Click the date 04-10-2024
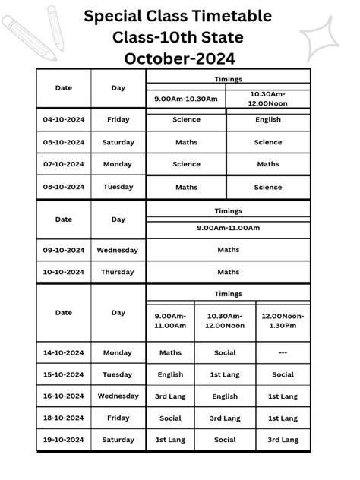tap(64, 119)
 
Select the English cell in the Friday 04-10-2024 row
tap(268, 119)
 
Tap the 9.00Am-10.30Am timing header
tap(186, 99)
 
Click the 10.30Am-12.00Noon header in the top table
tap(268, 99)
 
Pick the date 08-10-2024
tap(64, 187)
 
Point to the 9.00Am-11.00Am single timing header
tap(228, 228)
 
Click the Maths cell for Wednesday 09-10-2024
tap(228, 249)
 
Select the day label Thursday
tap(118, 272)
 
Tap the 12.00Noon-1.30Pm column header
tap(283, 321)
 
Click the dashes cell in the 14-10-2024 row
tap(283, 352)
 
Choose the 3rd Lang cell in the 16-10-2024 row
tap(170, 396)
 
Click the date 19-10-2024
tap(64, 440)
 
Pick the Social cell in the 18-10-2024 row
tap(170, 418)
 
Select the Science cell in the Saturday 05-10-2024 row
tap(268, 142)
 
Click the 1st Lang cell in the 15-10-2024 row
tap(225, 374)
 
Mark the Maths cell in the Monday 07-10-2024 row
tap(268, 164)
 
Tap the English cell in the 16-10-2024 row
tap(225, 396)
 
